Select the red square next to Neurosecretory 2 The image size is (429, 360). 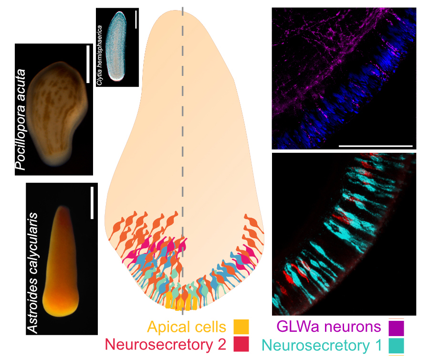click(x=241, y=344)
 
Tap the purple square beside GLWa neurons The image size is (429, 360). click(x=396, y=328)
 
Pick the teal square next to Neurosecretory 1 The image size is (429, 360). click(x=396, y=345)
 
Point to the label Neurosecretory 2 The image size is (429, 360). click(x=167, y=344)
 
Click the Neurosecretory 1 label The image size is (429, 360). click(x=323, y=345)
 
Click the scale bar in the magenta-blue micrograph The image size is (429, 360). click(x=375, y=144)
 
